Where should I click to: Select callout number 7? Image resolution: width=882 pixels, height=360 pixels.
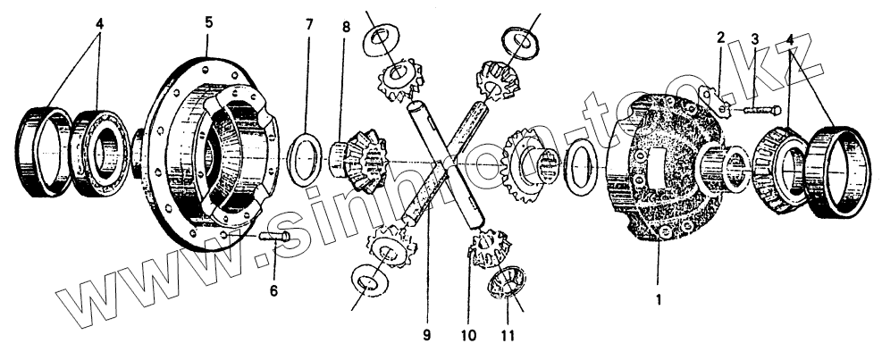(x=309, y=23)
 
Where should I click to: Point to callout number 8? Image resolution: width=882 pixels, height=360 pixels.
(x=346, y=27)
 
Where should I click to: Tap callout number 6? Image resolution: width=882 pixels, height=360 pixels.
(x=273, y=290)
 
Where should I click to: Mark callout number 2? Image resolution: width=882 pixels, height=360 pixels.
(x=720, y=38)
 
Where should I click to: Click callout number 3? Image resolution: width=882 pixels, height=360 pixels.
(x=754, y=39)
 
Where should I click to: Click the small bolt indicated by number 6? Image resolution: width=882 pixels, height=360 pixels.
(x=274, y=236)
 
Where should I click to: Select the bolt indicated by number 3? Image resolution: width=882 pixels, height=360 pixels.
(x=753, y=111)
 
